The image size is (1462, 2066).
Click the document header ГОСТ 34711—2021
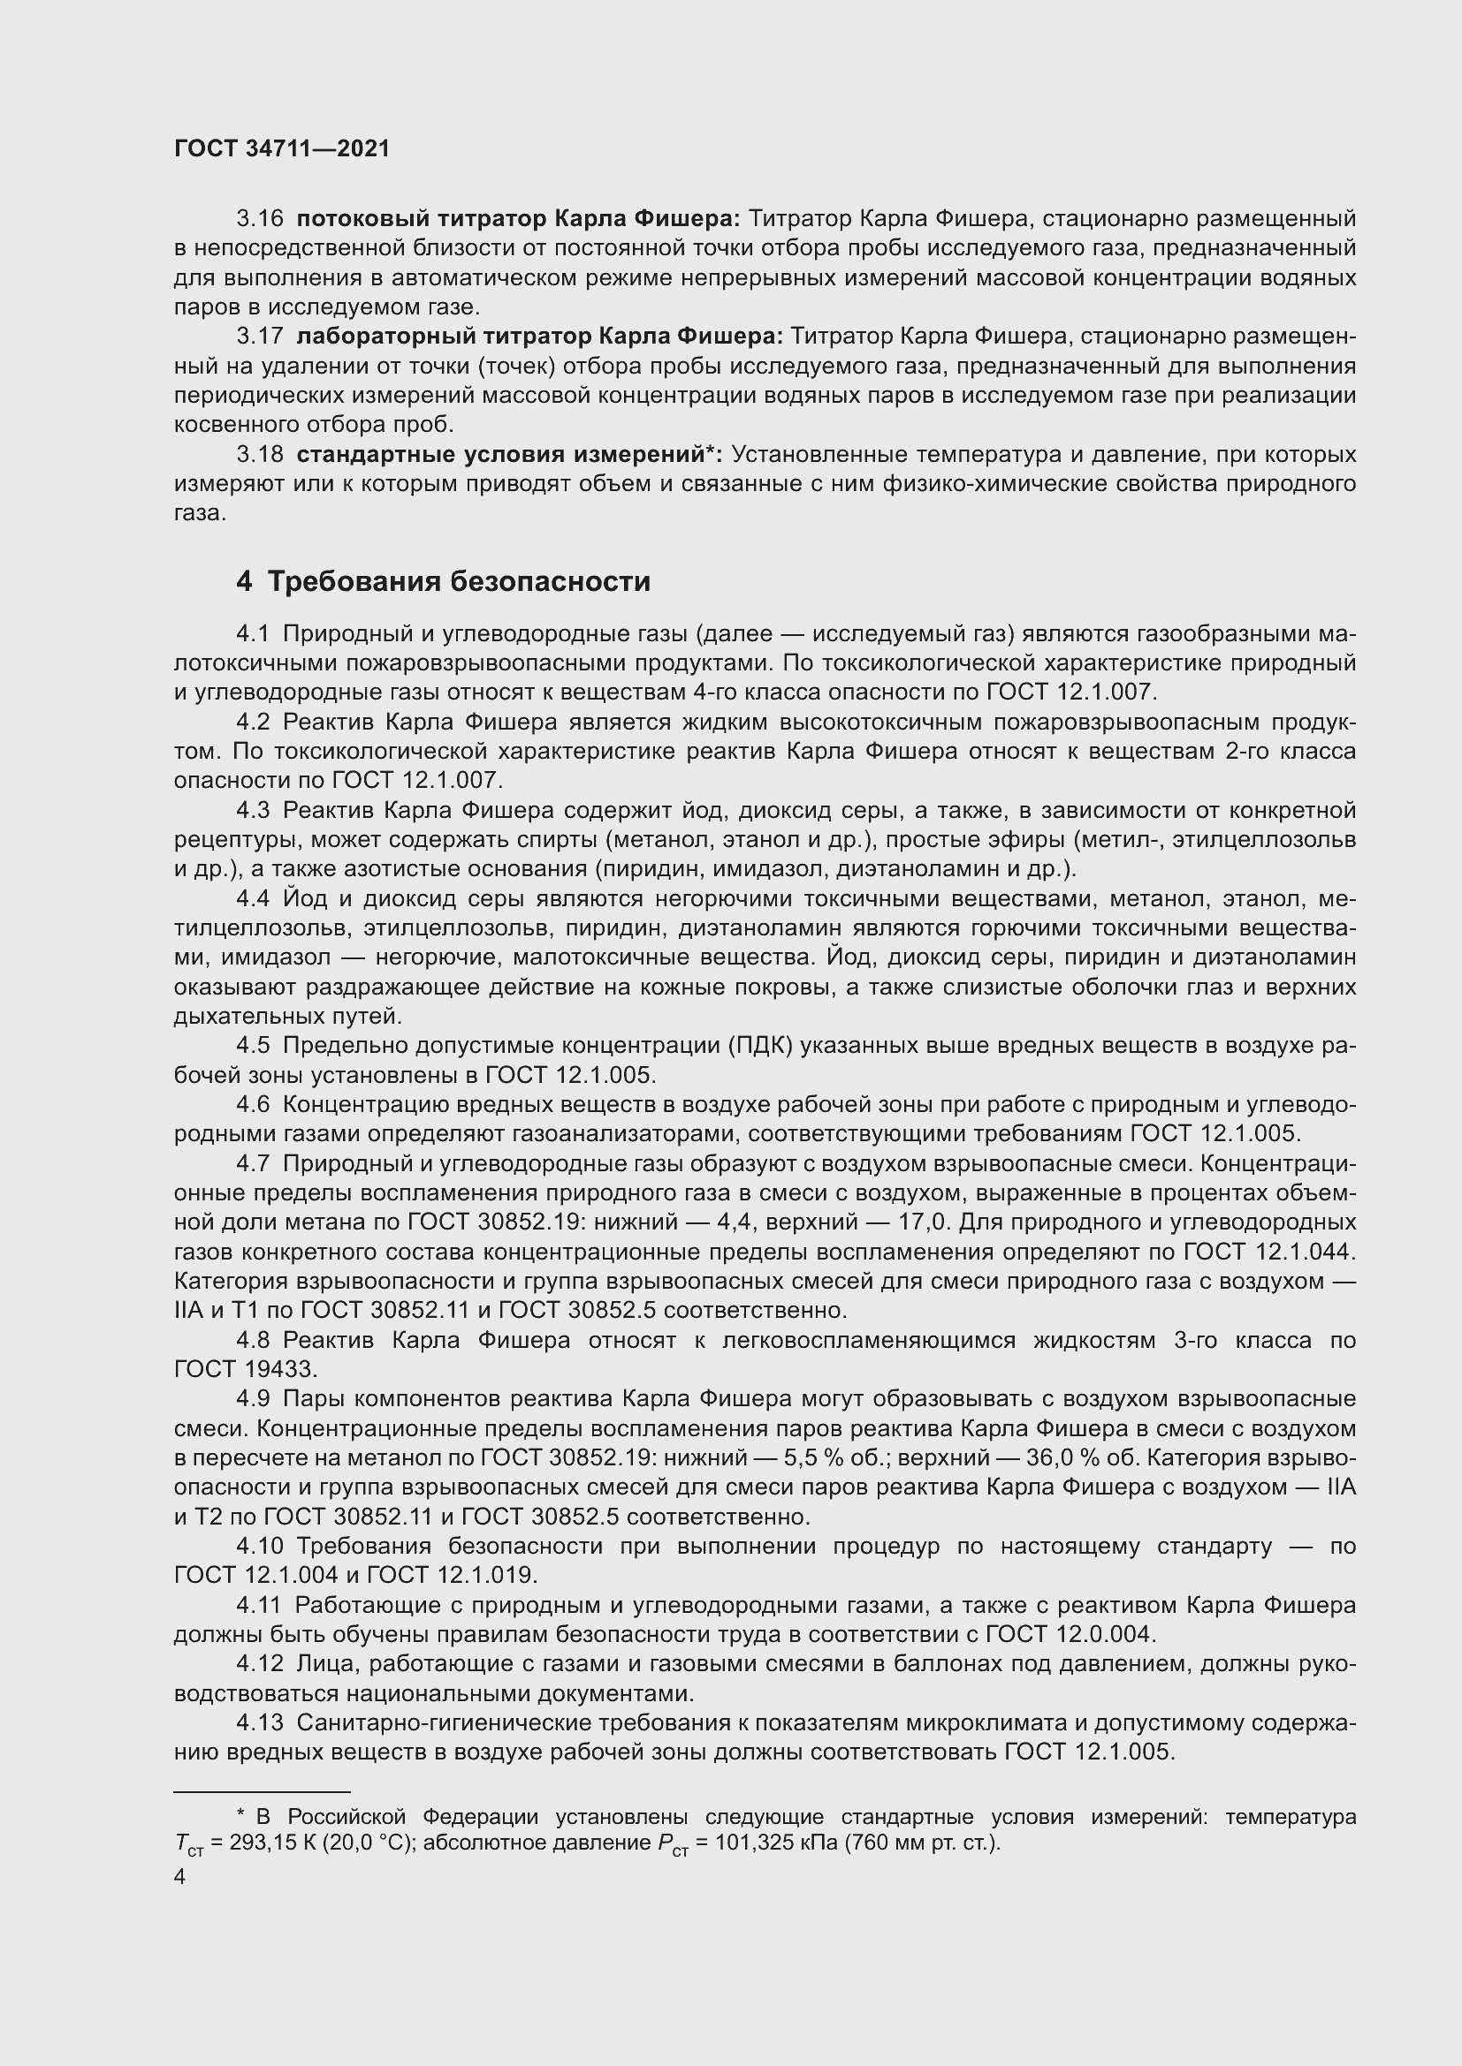[282, 149]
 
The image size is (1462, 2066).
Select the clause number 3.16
[259, 219]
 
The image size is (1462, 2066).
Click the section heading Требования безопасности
[459, 582]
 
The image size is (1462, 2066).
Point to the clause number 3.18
[259, 454]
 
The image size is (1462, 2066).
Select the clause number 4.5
[253, 1046]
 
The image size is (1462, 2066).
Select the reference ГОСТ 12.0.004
[1069, 1634]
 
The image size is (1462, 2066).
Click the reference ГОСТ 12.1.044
[1268, 1252]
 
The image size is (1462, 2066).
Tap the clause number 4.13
[259, 1723]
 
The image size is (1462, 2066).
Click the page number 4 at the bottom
[180, 1877]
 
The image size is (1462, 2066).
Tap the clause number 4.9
[253, 1399]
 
